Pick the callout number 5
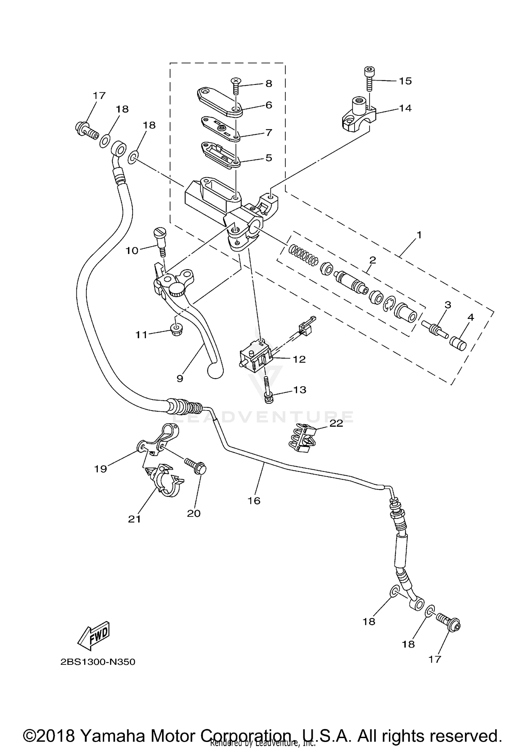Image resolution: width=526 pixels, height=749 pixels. coord(269,158)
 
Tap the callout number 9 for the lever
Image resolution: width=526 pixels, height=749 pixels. coord(180,379)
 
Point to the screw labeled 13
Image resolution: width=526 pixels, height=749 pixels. coord(267,389)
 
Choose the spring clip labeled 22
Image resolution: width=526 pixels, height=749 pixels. coord(302,439)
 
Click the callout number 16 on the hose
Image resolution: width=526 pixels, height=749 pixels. coord(254,501)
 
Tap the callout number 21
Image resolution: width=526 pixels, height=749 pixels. coord(134,519)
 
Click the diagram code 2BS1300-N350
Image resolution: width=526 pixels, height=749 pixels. coord(98,662)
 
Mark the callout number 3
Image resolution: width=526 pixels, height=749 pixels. coord(448,305)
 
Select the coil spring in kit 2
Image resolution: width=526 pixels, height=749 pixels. coord(304,255)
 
